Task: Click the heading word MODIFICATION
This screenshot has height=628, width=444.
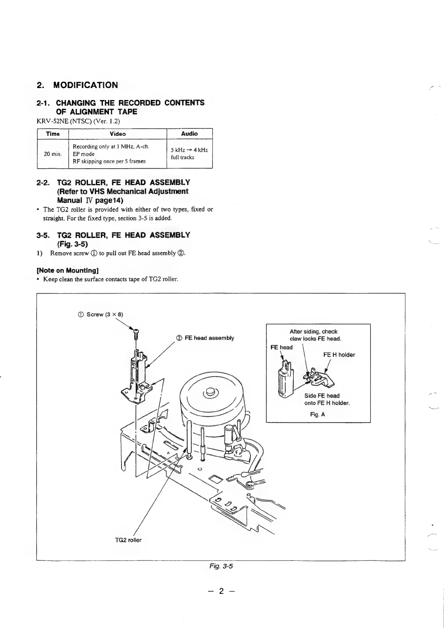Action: point(85,85)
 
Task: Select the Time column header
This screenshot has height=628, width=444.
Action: point(53,134)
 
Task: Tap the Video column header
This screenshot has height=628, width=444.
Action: point(118,134)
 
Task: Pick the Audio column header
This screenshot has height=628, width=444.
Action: point(189,133)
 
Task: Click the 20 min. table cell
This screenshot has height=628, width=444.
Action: point(53,154)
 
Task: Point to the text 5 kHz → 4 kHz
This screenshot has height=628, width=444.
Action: point(189,150)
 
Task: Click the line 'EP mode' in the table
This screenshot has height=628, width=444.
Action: point(84,154)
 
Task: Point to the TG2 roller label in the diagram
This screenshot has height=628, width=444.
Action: point(128,540)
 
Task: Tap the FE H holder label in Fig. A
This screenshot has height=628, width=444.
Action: point(339,354)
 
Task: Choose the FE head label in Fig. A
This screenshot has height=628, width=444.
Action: point(281,347)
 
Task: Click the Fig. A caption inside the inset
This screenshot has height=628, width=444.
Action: point(317,414)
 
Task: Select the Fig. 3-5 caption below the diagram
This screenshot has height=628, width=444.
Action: point(221,566)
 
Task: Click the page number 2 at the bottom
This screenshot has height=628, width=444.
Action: point(221,591)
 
